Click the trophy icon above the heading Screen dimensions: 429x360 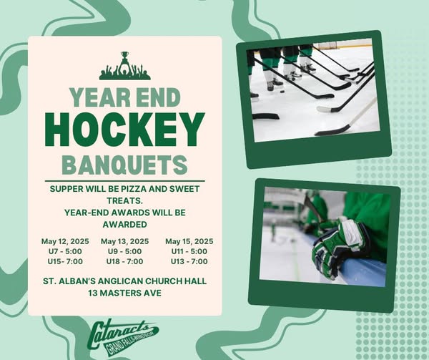pyautogui.click(x=124, y=66)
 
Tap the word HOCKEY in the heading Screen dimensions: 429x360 pyautogui.click(x=124, y=130)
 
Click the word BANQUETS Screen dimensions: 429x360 pyautogui.click(x=124, y=165)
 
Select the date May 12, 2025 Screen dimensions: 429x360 pyautogui.click(x=65, y=241)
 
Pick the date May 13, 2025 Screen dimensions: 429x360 pyautogui.click(x=124, y=241)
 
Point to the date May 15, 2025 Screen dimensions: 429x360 pyautogui.click(x=189, y=241)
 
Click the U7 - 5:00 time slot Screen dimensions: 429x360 pyautogui.click(x=65, y=251)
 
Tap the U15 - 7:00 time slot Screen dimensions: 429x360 pyautogui.click(x=65, y=261)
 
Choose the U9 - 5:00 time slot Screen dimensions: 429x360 pyautogui.click(x=124, y=251)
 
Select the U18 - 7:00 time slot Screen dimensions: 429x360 pyautogui.click(x=124, y=261)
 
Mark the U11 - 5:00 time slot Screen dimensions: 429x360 pyautogui.click(x=189, y=251)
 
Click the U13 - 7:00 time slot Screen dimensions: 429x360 pyautogui.click(x=189, y=261)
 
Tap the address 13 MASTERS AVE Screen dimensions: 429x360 pyautogui.click(x=124, y=293)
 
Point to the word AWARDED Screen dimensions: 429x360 pyautogui.click(x=124, y=225)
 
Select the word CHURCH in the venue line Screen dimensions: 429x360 pyautogui.click(x=162, y=281)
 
